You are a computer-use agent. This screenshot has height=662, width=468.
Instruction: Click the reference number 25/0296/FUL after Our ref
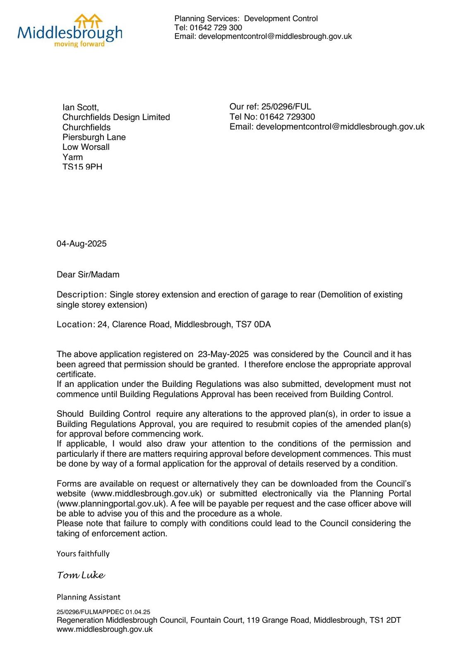tap(286, 107)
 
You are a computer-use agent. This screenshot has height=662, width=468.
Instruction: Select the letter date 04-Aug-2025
tap(82, 244)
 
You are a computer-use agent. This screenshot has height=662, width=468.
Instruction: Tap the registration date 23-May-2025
tap(223, 354)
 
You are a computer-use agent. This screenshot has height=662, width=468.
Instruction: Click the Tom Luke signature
tap(81, 575)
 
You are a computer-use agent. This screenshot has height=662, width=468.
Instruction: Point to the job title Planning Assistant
tap(89, 597)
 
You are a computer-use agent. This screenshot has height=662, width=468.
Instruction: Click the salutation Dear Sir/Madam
tap(88, 275)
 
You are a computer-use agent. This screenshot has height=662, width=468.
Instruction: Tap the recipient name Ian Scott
tap(80, 108)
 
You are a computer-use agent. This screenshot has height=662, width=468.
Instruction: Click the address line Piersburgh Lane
tap(94, 137)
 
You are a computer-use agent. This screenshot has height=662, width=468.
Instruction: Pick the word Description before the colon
tap(81, 295)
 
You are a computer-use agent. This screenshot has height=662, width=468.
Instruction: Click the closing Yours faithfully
tap(83, 554)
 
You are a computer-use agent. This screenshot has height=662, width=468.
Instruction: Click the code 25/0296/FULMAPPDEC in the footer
tap(90, 612)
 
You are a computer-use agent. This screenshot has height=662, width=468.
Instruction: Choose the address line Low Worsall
tap(86, 147)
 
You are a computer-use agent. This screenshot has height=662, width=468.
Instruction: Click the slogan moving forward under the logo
tap(79, 44)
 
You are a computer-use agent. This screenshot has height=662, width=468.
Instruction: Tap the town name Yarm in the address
tap(72, 157)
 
